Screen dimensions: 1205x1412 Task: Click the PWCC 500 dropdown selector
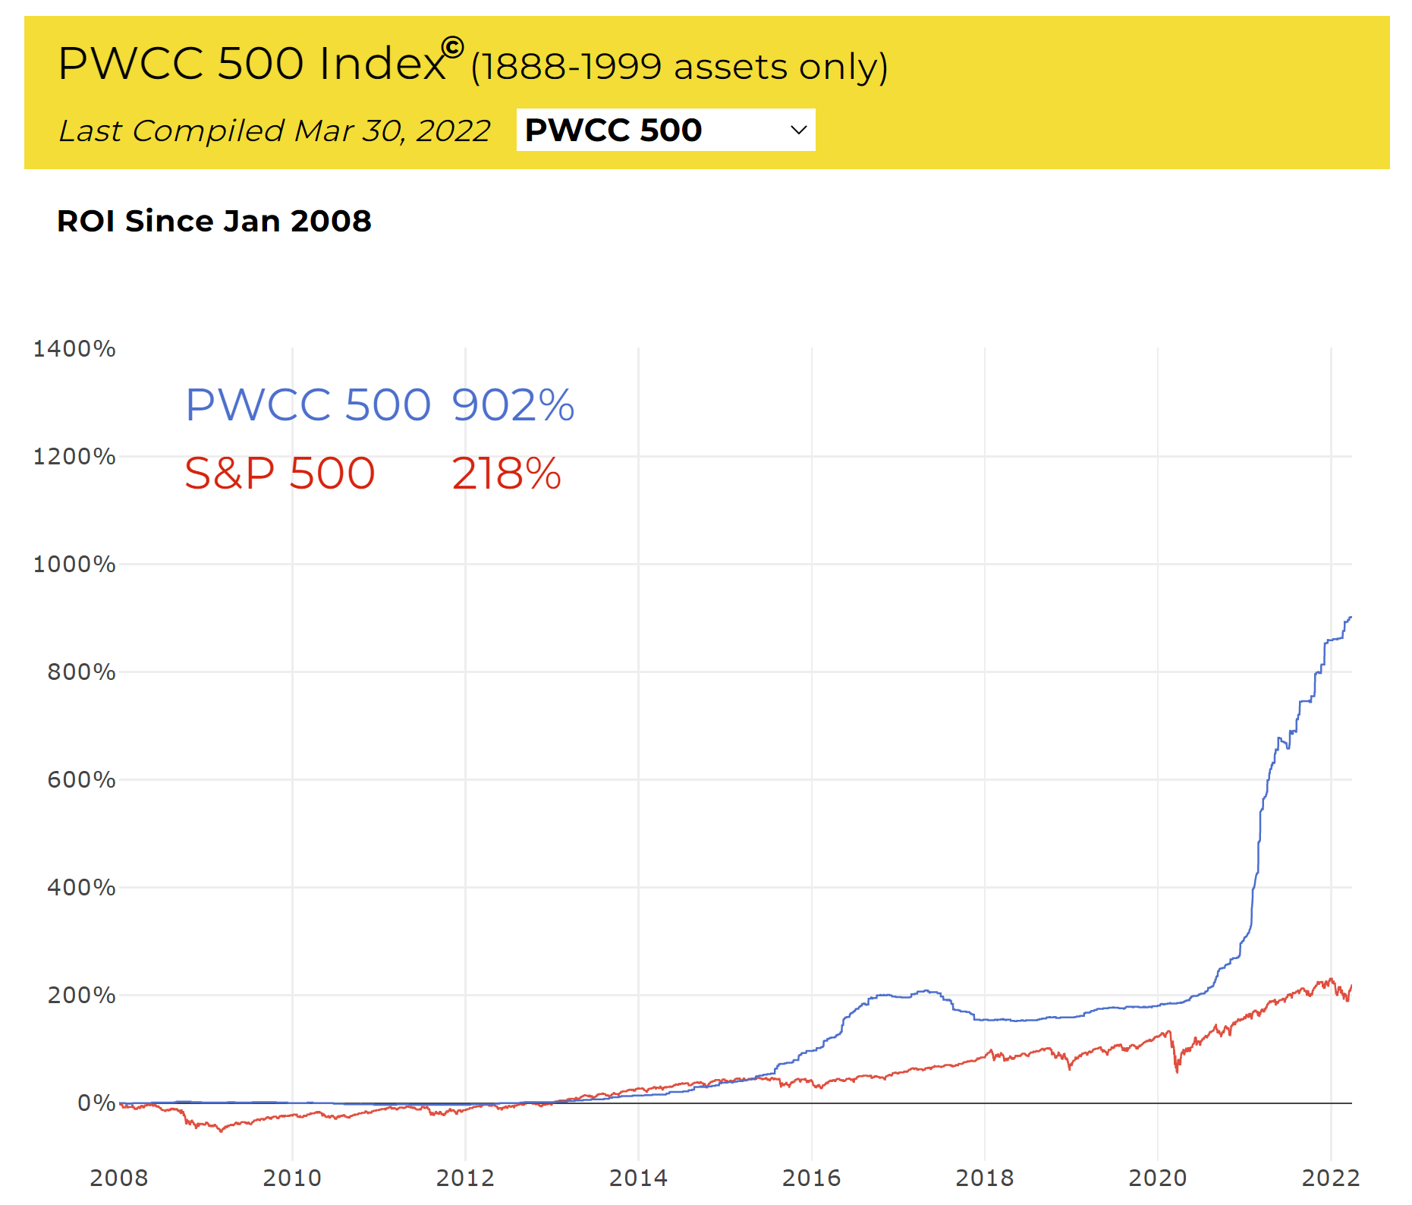(665, 130)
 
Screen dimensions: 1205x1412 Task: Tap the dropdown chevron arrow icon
(798, 130)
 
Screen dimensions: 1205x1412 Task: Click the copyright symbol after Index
(452, 48)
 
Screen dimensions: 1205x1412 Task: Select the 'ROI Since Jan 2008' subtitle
(214, 222)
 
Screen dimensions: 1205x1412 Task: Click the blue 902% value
(513, 404)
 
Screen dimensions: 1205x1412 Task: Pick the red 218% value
(506, 474)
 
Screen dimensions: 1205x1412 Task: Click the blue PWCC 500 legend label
(308, 404)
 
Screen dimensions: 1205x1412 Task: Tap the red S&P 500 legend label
(280, 474)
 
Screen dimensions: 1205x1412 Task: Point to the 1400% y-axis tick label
(74, 349)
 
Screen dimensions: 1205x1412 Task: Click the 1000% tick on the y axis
(74, 565)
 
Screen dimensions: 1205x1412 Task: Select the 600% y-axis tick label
(81, 780)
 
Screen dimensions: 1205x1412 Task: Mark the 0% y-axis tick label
(96, 1103)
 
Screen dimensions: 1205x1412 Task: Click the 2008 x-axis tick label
(119, 1178)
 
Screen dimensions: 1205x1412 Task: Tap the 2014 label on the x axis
(638, 1178)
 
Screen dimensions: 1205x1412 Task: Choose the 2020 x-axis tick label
(1157, 1178)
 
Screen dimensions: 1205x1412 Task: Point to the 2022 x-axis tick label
(1330, 1178)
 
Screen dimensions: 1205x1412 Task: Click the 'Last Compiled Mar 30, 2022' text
(275, 131)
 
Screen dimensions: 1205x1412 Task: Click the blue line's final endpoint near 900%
(1351, 618)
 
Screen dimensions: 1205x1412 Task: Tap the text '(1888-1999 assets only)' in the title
(679, 67)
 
